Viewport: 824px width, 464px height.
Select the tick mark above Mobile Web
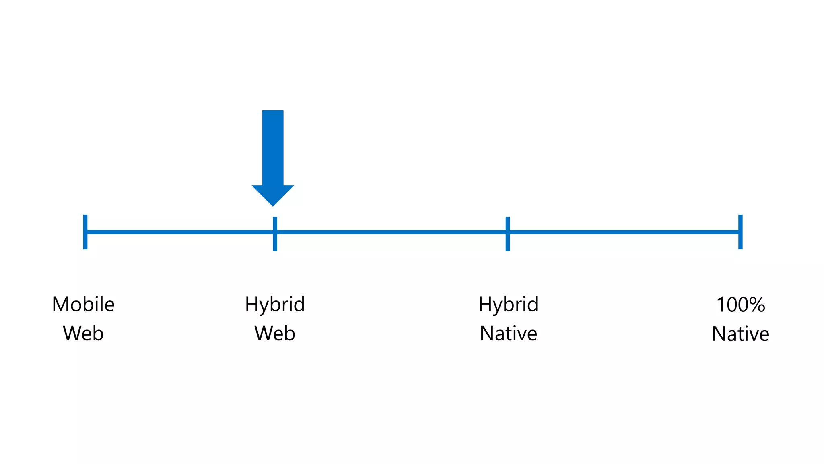pyautogui.click(x=85, y=232)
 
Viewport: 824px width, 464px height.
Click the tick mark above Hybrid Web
pyautogui.click(x=275, y=234)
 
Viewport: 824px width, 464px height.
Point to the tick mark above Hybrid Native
pyautogui.click(x=508, y=234)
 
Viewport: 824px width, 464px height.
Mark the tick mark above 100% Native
pyautogui.click(x=740, y=232)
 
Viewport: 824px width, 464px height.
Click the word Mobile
pyautogui.click(x=83, y=304)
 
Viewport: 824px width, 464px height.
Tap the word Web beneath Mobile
pyautogui.click(x=83, y=333)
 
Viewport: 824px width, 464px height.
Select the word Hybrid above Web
pyautogui.click(x=275, y=304)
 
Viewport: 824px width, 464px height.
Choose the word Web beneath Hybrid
pyautogui.click(x=275, y=333)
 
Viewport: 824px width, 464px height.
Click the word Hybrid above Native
pyautogui.click(x=508, y=304)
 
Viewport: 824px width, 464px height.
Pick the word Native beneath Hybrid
pyautogui.click(x=508, y=333)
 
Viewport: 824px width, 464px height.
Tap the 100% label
pyautogui.click(x=740, y=304)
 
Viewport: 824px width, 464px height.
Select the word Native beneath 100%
pyautogui.click(x=740, y=334)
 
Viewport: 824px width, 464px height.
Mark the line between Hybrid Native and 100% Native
pyautogui.click(x=624, y=232)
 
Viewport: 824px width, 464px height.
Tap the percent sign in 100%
pyautogui.click(x=757, y=304)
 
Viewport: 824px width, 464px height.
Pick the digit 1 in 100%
pyautogui.click(x=721, y=304)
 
